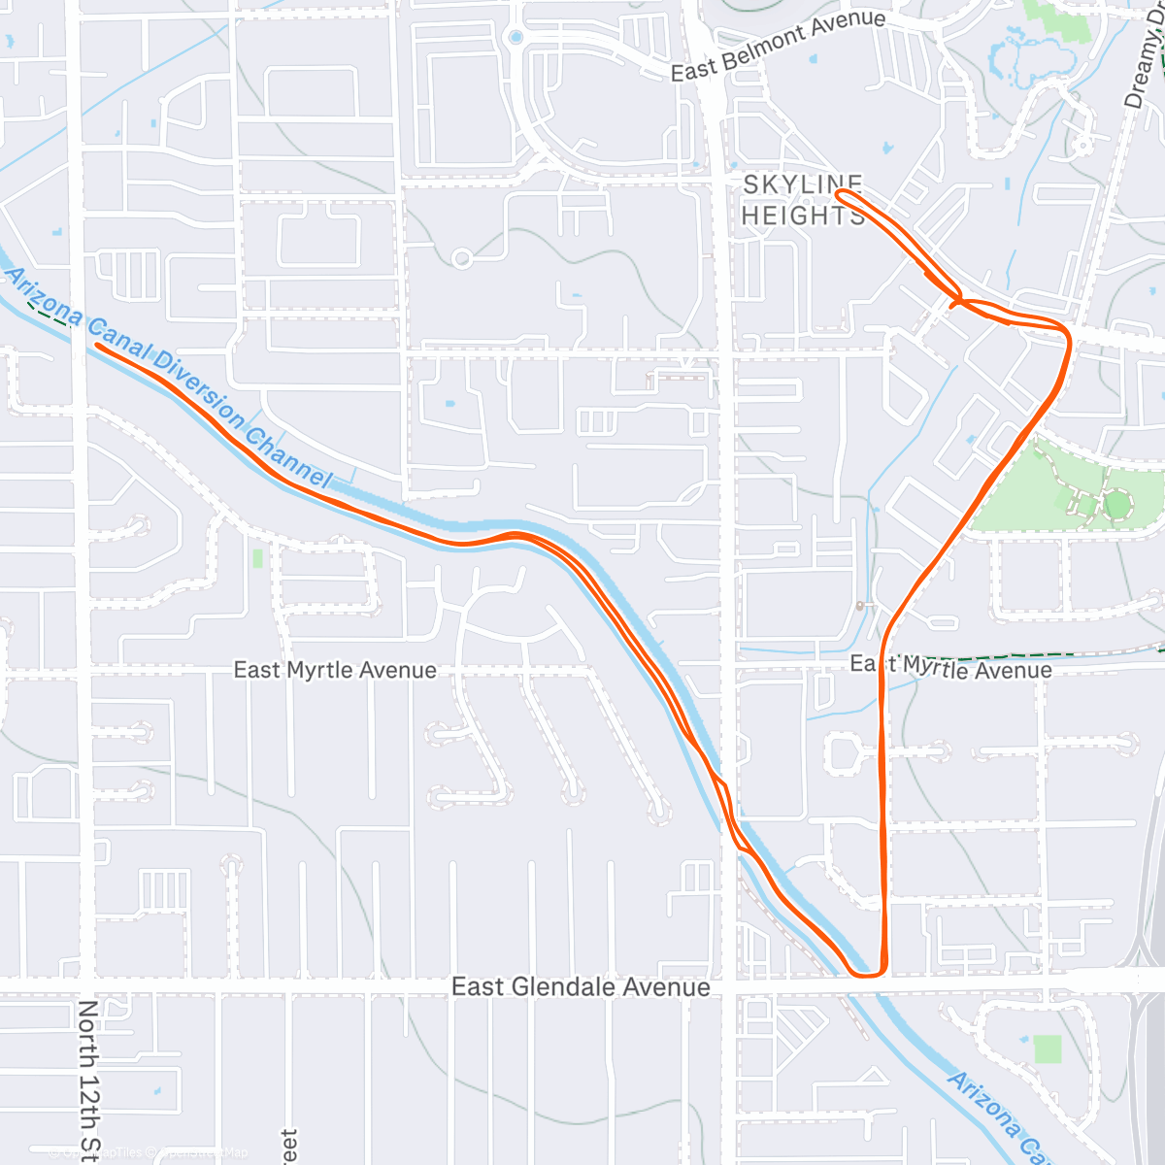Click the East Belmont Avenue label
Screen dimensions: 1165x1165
778,46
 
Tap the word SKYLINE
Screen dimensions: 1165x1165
802,184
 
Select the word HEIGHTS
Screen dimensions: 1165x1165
802,215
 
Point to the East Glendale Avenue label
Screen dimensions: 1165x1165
581,987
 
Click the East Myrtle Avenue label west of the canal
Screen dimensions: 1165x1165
335,670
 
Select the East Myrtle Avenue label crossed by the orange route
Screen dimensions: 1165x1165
950,667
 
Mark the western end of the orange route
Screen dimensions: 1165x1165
97,345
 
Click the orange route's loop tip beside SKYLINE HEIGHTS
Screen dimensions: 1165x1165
839,194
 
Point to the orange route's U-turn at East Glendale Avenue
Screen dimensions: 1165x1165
867,973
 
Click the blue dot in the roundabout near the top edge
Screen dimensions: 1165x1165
516,38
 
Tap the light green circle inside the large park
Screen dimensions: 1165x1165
1117,505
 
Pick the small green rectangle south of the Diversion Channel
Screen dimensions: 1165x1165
257,558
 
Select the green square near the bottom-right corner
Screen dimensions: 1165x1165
1047,1048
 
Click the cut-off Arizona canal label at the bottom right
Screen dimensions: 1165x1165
995,1116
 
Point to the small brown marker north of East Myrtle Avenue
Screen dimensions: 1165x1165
860,606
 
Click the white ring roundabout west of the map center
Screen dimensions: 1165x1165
462,258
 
